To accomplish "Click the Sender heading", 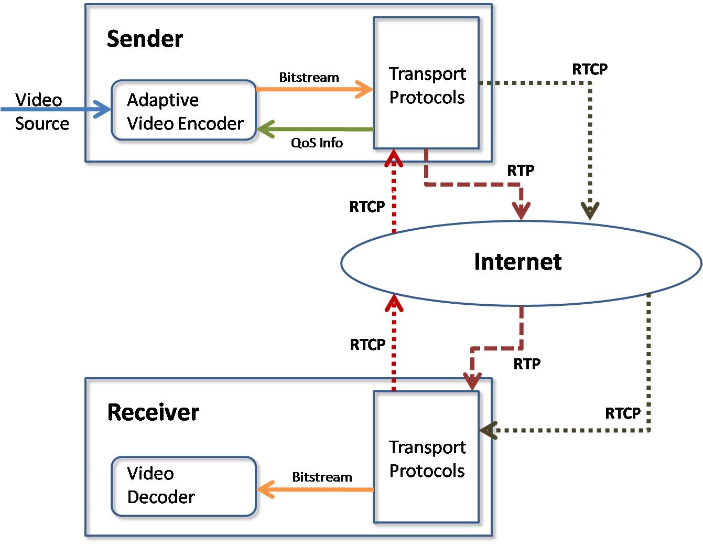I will (x=145, y=39).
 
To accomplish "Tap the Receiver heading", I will (x=153, y=412).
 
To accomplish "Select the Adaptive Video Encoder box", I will (x=183, y=110).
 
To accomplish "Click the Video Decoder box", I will (x=183, y=486).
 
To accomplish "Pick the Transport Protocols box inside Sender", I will (x=426, y=84).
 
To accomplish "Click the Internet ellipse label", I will (x=517, y=262).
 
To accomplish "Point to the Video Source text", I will (x=41, y=111).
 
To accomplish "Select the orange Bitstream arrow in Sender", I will (x=315, y=89).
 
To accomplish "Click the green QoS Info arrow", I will (x=315, y=129).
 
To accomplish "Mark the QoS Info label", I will (x=317, y=143).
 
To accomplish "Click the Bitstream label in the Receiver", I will (x=322, y=477).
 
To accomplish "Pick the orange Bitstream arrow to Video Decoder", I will (x=315, y=490).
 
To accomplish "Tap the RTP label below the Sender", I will (x=521, y=170).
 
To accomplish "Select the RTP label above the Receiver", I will (x=527, y=364).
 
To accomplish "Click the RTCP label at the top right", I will (x=590, y=69).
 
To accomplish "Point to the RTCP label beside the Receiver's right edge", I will (x=623, y=413).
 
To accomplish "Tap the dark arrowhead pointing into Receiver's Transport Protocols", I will (x=488, y=431).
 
